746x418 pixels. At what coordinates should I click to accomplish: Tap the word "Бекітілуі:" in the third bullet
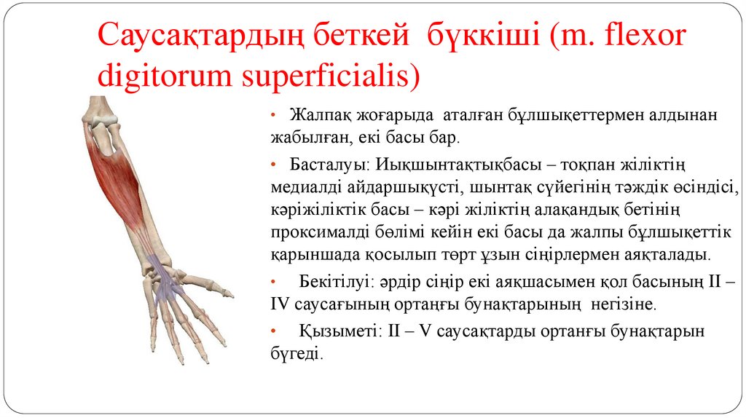pyautogui.click(x=334, y=280)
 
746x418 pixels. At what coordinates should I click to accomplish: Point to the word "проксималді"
pyautogui.click(x=314, y=232)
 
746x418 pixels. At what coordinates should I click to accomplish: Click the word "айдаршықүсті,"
pyautogui.click(x=393, y=185)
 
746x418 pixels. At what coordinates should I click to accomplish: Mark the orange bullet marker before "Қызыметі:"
pyautogui.click(x=272, y=331)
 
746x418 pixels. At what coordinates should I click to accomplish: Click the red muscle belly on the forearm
pyautogui.click(x=120, y=175)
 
